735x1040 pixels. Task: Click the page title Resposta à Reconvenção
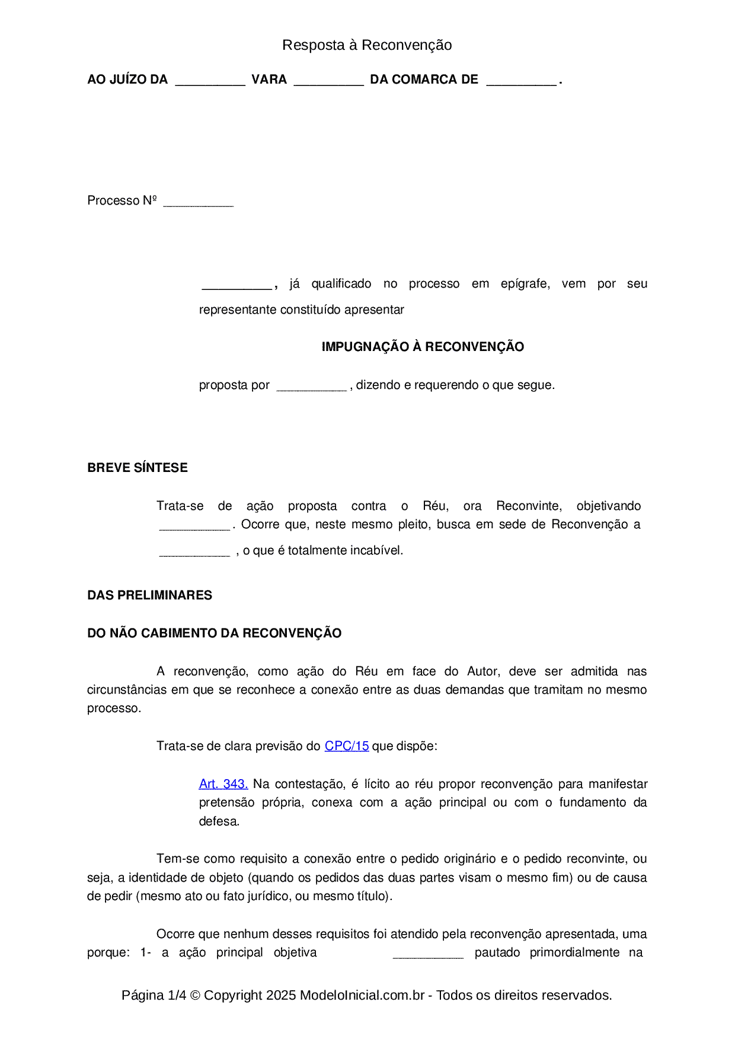[367, 45]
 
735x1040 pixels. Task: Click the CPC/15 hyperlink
[347, 746]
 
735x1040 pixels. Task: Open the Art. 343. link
[223, 784]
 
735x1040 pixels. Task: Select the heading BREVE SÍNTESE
[138, 468]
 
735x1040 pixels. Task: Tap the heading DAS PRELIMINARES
[149, 595]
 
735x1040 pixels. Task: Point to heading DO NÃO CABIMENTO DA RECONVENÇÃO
[214, 633]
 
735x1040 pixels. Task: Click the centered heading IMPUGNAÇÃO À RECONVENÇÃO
[423, 347]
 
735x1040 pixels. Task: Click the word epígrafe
[525, 284]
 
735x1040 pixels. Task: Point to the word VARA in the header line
[269, 79]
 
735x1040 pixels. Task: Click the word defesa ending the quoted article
[219, 821]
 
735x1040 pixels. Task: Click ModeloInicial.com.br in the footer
[362, 995]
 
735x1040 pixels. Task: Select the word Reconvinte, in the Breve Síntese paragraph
[529, 506]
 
